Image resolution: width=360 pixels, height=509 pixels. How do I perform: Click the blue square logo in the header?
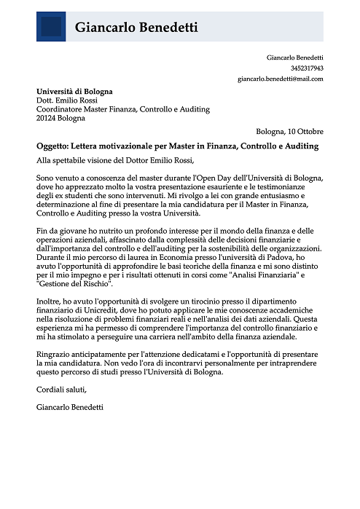coord(51,27)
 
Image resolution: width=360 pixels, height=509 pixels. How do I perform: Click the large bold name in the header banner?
coord(136,28)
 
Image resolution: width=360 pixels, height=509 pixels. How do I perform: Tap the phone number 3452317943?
coord(307,68)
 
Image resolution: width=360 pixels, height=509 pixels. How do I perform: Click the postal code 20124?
coord(48,118)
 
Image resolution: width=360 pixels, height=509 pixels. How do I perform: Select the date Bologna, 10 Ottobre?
coord(290,132)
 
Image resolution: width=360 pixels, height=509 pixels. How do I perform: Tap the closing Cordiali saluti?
coord(60,389)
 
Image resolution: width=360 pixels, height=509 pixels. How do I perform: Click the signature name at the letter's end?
coord(69,407)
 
